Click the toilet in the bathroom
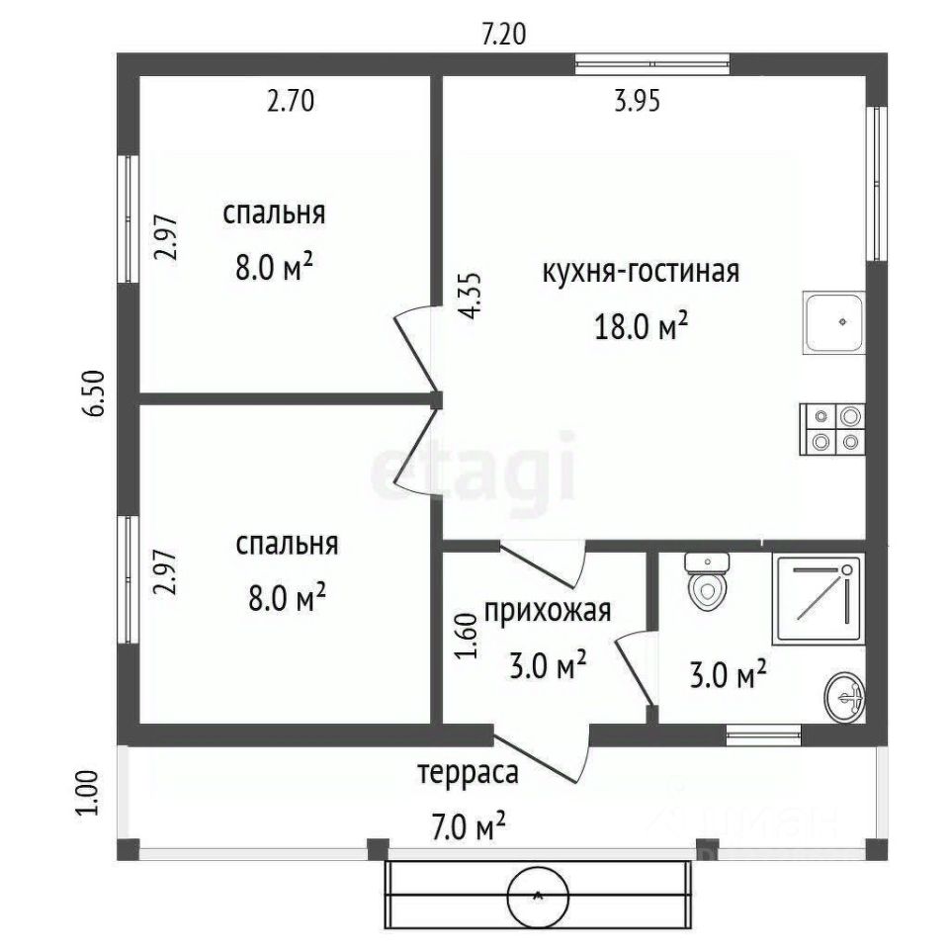[706, 582]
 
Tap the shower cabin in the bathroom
[818, 599]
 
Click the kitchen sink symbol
[833, 322]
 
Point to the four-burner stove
[832, 429]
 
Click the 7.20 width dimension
[503, 34]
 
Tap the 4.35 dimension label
[470, 296]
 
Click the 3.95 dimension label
[637, 101]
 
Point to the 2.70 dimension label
[291, 101]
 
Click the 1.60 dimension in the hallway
[467, 636]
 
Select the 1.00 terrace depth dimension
[86, 793]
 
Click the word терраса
[468, 773]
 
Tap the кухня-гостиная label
[641, 272]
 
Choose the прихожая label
[548, 612]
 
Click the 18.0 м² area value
[642, 326]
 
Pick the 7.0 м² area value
[469, 826]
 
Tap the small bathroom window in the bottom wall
[763, 734]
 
